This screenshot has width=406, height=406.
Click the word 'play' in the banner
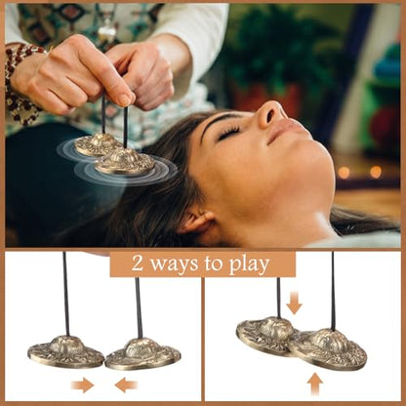[x=250, y=265]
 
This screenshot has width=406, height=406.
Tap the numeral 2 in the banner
[x=138, y=264]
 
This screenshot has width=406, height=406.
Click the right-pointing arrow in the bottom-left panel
[x=82, y=386]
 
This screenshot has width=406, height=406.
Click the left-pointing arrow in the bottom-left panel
[x=126, y=386]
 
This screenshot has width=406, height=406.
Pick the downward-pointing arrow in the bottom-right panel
[x=294, y=304]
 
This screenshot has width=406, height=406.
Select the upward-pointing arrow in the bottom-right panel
[x=314, y=384]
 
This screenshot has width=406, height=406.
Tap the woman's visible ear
[x=196, y=222]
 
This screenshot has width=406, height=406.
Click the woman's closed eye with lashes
[x=229, y=133]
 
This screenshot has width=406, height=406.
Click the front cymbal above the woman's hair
[x=125, y=162]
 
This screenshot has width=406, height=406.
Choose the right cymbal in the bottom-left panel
[x=142, y=354]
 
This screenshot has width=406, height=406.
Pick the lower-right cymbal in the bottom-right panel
[x=328, y=349]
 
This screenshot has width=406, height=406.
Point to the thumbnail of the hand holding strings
[x=125, y=101]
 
